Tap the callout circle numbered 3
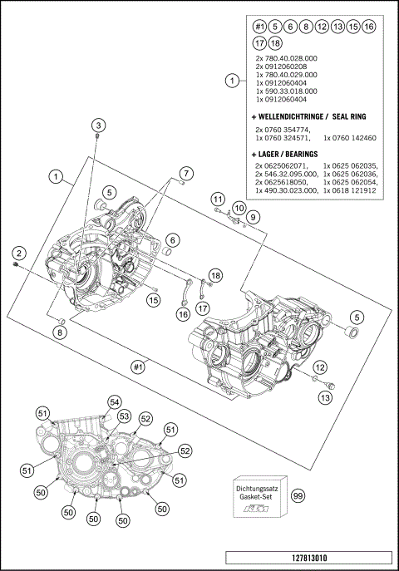click(98, 126)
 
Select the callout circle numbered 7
click(186, 173)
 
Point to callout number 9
click(254, 217)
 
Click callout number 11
click(216, 199)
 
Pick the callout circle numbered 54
click(114, 401)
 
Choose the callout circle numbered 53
click(124, 415)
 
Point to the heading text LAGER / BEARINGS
click(288, 154)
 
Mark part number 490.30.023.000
click(289, 190)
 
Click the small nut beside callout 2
click(17, 265)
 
